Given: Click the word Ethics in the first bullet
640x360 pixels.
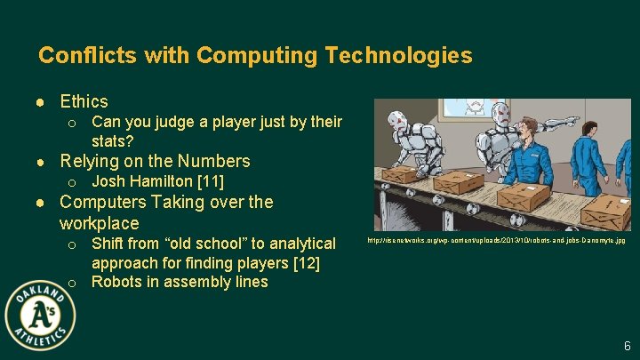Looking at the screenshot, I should pos(84,101).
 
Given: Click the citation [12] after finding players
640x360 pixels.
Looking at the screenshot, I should pos(305,262).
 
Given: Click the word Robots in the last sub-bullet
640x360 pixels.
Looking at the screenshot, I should pos(116,282).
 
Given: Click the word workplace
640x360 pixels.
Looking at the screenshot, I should pos(100,222).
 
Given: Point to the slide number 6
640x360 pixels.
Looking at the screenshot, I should pos(627,346).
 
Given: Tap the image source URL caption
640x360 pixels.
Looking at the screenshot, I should pos(496,241).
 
